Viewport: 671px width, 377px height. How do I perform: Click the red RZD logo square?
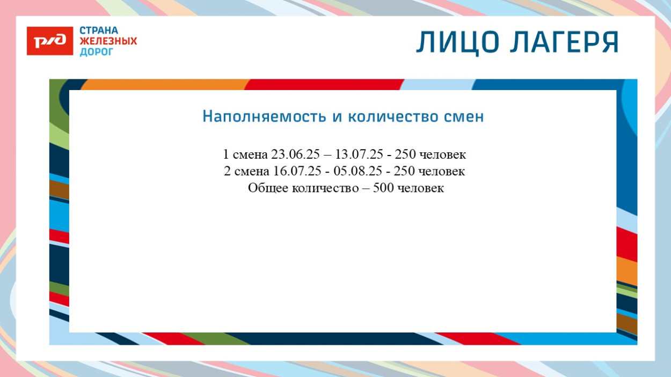pyautogui.click(x=49, y=41)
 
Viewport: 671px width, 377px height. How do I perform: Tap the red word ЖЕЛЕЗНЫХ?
pyautogui.click(x=108, y=41)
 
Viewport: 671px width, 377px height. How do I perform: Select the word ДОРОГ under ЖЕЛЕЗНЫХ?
pyautogui.click(x=97, y=52)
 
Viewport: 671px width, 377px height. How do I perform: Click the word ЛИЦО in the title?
pyautogui.click(x=456, y=42)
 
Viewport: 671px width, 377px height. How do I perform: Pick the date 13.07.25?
pyautogui.click(x=359, y=155)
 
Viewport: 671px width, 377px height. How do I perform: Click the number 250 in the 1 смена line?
pyautogui.click(x=405, y=155)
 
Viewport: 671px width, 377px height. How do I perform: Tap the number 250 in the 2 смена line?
pyautogui.click(x=404, y=172)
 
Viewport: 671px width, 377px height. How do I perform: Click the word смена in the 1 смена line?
pyautogui.click(x=250, y=155)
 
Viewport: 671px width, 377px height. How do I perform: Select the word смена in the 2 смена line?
pyautogui.click(x=251, y=172)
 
